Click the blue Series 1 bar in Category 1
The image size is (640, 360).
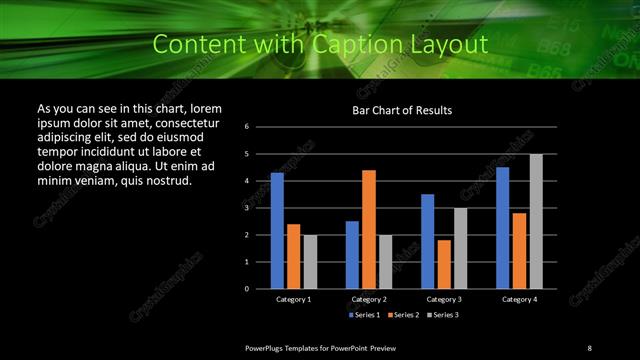(277, 230)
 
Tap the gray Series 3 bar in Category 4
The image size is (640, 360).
(536, 221)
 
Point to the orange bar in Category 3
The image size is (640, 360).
(444, 264)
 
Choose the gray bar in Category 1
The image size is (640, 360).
(310, 261)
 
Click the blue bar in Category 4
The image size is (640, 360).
(502, 227)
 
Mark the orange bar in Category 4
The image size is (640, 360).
(519, 250)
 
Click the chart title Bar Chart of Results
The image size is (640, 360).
(402, 110)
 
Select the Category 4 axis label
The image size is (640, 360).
(518, 299)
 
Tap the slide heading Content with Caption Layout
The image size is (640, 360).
(320, 44)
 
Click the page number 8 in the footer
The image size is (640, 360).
(589, 347)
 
